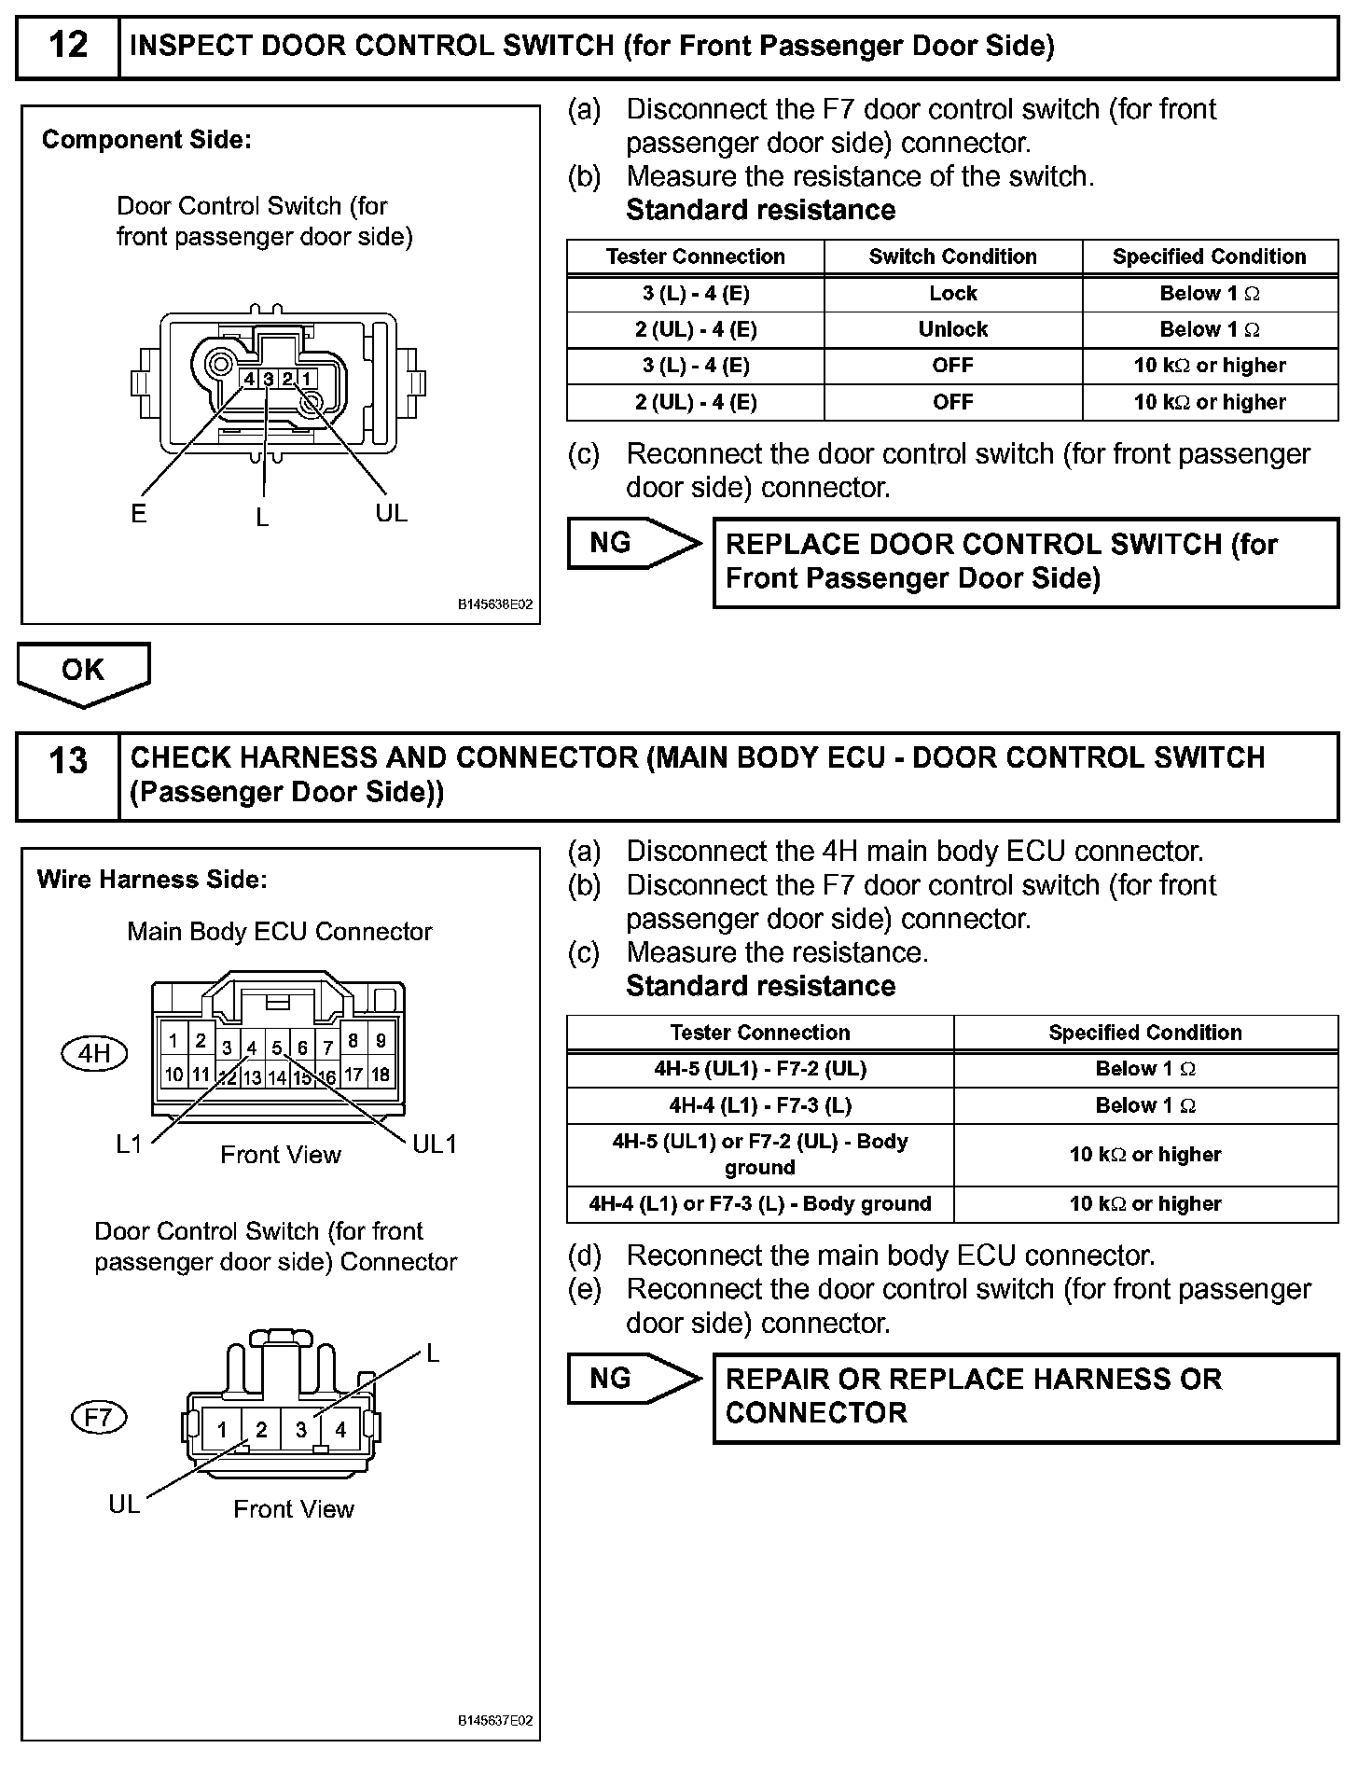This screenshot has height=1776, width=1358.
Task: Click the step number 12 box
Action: pyautogui.click(x=67, y=46)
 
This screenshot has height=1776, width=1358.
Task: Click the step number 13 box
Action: pyautogui.click(x=67, y=775)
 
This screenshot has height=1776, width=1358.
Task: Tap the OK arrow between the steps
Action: pyautogui.click(x=83, y=673)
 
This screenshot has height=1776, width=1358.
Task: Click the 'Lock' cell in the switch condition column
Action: pyautogui.click(x=952, y=293)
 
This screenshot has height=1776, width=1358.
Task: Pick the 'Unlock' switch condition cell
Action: pyautogui.click(x=952, y=329)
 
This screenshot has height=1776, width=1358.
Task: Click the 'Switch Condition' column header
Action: pyautogui.click(x=952, y=257)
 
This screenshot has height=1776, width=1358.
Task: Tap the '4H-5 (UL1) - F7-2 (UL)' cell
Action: pyautogui.click(x=759, y=1069)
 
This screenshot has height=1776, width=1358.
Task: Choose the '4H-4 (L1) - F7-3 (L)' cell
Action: pyautogui.click(x=759, y=1105)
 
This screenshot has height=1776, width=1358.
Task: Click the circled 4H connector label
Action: pyautogui.click(x=94, y=1054)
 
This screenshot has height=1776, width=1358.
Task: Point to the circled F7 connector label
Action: pyautogui.click(x=99, y=1418)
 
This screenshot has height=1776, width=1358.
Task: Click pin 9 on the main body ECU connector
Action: pyautogui.click(x=381, y=1040)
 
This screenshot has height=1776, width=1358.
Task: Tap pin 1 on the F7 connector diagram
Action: pyautogui.click(x=222, y=1429)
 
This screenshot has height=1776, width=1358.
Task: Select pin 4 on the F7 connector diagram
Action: pyautogui.click(x=340, y=1429)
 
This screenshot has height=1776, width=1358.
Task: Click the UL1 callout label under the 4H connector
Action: pyautogui.click(x=434, y=1145)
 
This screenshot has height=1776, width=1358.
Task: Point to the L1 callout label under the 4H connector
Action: pyautogui.click(x=130, y=1145)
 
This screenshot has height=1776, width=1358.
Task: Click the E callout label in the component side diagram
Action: pyautogui.click(x=139, y=514)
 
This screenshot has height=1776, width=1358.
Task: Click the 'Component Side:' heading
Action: pyautogui.click(x=146, y=140)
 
